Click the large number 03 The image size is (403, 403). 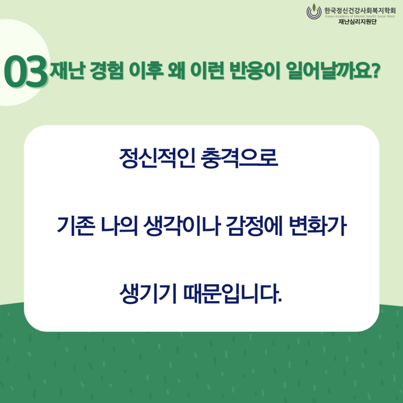[26, 72]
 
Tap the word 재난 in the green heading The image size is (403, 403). [67, 70]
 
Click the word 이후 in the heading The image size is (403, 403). [146, 70]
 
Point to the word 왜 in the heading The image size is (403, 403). [176, 70]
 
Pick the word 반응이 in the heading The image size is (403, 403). [255, 70]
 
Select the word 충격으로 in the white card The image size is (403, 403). [239, 158]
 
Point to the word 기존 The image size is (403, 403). [75, 226]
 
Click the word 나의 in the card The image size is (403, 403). [119, 226]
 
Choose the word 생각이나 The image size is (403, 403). [182, 226]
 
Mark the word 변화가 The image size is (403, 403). [318, 226]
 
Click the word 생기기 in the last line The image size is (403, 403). [148, 294]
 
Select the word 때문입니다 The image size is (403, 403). [233, 294]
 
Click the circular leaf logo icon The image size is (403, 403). [314, 11]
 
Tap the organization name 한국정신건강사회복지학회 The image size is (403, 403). [360, 11]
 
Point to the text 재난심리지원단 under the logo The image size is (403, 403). [357, 22]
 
